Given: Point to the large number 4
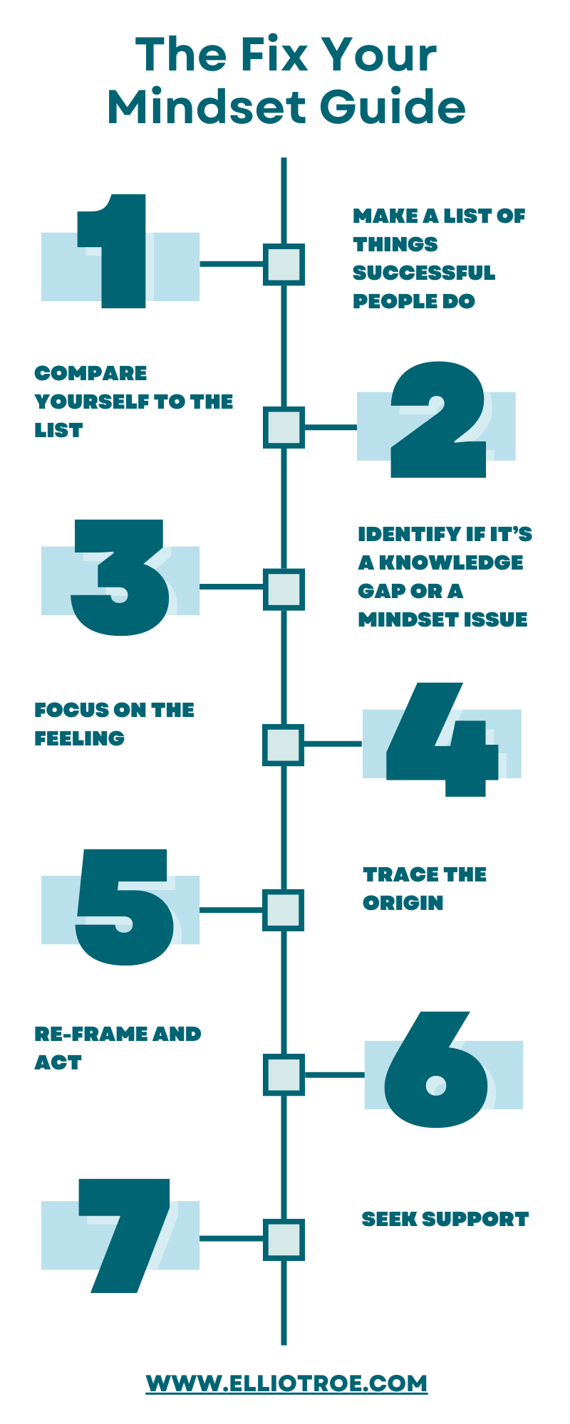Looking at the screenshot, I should pos(442,740).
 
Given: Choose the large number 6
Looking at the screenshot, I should pos(436,1072).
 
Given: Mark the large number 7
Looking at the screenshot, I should pos(128,1235).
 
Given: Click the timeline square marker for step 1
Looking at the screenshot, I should pos(284,265).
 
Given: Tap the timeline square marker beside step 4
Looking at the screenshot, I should pos(284,745).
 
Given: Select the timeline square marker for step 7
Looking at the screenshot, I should pos(284,1240).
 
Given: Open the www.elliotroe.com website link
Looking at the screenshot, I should pos(287,1383).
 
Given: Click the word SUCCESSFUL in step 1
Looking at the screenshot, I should pos(423,273).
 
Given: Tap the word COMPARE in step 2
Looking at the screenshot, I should pos(90,373).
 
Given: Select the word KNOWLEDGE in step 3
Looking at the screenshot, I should pos(450,562).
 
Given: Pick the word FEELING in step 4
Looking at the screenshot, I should pos(79,738).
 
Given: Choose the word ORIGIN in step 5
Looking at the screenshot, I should pos(403,903).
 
